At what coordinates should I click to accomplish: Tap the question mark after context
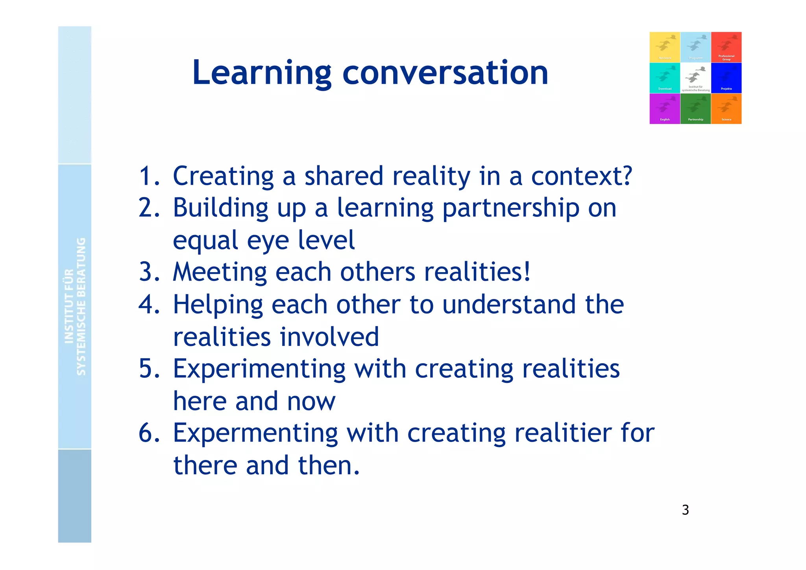(x=625, y=176)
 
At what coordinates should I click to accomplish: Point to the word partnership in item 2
(x=511, y=208)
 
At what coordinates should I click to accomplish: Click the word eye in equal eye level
(x=268, y=240)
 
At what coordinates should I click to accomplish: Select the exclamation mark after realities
(x=527, y=272)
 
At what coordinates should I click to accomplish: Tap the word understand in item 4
(x=509, y=304)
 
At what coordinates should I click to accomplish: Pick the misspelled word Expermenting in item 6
(x=255, y=433)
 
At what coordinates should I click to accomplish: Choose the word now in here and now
(x=311, y=401)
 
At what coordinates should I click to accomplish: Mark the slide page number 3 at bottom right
(x=685, y=510)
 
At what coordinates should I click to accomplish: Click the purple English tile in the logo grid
(x=665, y=109)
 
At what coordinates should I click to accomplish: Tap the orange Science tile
(x=726, y=109)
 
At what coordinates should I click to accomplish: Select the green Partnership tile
(x=695, y=109)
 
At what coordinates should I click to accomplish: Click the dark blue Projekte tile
(x=726, y=78)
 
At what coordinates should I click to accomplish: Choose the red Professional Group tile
(x=726, y=47)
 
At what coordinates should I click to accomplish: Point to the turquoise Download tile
(x=665, y=78)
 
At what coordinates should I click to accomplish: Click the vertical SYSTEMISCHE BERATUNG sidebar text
(x=81, y=306)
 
